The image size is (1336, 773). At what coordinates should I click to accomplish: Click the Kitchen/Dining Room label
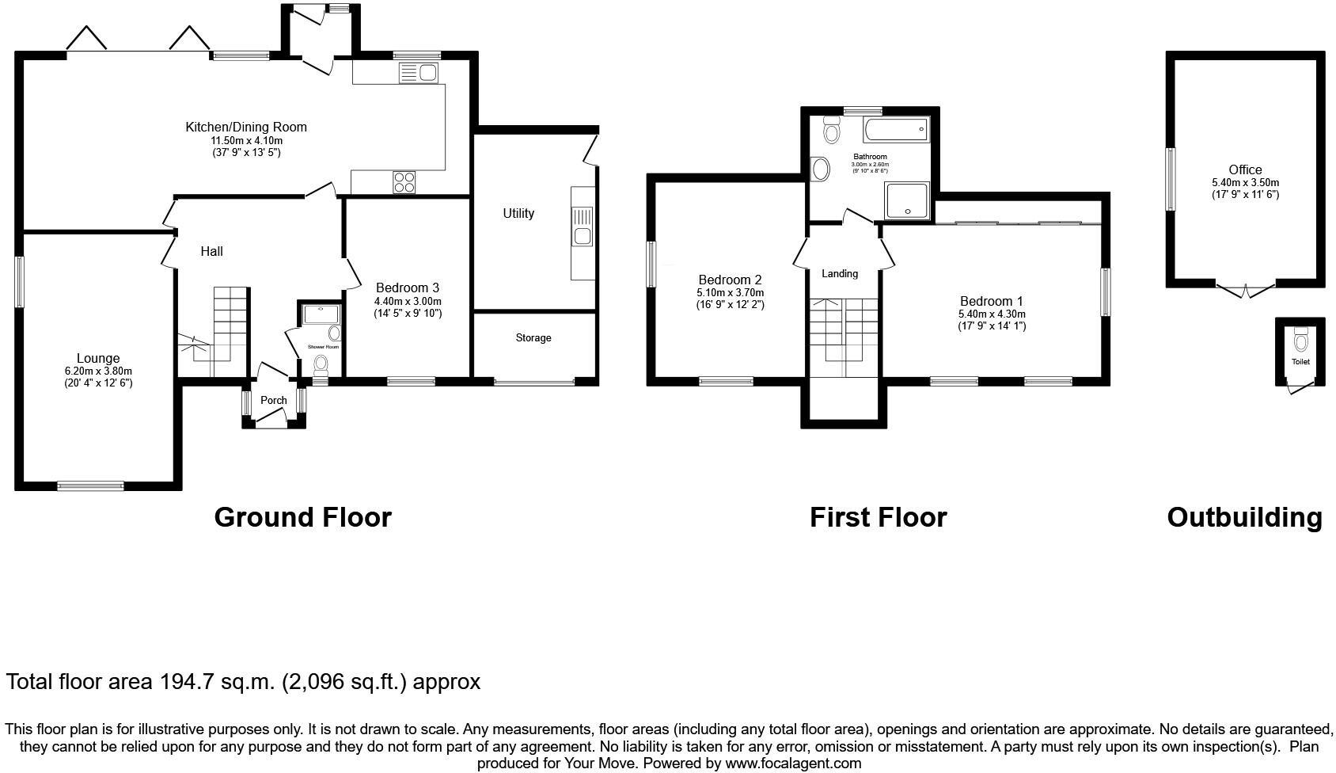(246, 127)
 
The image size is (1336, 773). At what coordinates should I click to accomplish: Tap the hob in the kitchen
(404, 182)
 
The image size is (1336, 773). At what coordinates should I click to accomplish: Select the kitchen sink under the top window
(419, 74)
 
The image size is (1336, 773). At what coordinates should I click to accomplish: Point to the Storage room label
(533, 338)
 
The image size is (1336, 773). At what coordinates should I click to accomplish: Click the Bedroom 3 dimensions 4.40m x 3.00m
(408, 301)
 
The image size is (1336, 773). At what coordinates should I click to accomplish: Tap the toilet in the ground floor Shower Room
(321, 364)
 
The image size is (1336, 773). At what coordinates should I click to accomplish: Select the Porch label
(274, 400)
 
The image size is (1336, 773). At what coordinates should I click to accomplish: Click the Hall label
(211, 251)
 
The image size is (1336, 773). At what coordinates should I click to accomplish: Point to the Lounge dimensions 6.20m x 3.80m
(98, 371)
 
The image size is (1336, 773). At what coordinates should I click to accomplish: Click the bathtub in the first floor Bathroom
(896, 129)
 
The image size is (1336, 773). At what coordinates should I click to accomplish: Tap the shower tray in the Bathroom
(907, 200)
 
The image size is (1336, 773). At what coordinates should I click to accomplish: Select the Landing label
(840, 273)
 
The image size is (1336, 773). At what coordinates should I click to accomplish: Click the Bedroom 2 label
(730, 280)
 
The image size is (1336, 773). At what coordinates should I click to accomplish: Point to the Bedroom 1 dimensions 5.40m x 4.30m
(992, 314)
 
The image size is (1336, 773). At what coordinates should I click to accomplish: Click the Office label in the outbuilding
(1245, 169)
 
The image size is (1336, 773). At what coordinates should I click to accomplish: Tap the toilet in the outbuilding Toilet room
(1300, 341)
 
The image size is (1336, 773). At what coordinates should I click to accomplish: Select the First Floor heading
(878, 517)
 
